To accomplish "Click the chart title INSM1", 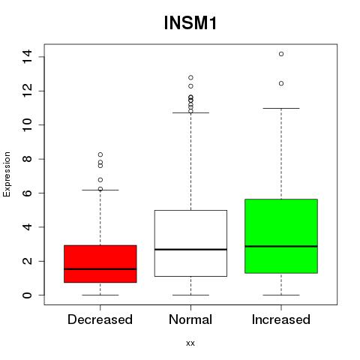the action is click(190, 23).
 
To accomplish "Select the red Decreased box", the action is click(100, 264).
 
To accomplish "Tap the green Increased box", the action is click(281, 236).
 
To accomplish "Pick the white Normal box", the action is click(190, 243).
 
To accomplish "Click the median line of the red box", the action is click(100, 269).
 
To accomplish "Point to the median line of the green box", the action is click(281, 246).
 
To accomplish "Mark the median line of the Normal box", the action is click(190, 249).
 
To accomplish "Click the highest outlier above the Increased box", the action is click(281, 54).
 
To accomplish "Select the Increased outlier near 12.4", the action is click(281, 83).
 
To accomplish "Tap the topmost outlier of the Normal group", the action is click(190, 77).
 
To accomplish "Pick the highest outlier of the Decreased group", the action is click(100, 154).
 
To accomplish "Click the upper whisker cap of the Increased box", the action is click(281, 108).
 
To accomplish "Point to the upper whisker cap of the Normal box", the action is click(190, 112).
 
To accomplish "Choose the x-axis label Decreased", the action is click(100, 319).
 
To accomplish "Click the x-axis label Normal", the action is click(190, 319).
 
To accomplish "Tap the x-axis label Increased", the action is click(281, 319).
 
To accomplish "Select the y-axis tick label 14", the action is click(27, 57).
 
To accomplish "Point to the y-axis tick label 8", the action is click(27, 159).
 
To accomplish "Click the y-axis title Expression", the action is click(7, 174).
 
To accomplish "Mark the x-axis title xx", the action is click(190, 343).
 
